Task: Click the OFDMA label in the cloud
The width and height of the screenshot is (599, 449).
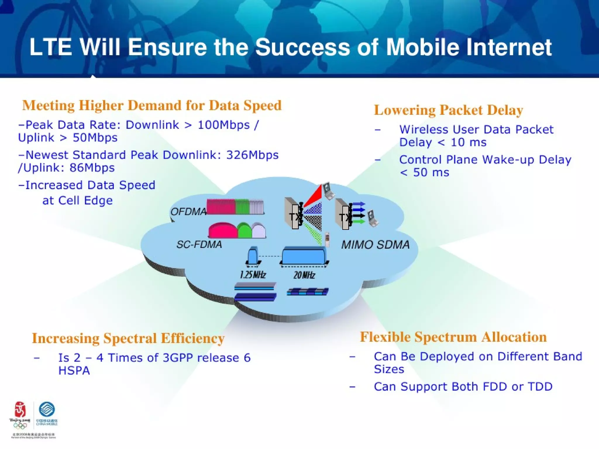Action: pyautogui.click(x=188, y=211)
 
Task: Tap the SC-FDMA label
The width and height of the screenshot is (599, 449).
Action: pyautogui.click(x=199, y=244)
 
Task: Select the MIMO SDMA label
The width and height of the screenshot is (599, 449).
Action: pyautogui.click(x=375, y=245)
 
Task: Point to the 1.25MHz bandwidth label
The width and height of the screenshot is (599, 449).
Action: pyautogui.click(x=253, y=275)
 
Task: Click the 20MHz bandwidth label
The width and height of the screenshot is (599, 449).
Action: pyautogui.click(x=304, y=275)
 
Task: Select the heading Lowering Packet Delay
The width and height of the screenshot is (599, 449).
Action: pyautogui.click(x=448, y=110)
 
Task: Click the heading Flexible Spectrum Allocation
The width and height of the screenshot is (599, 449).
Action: pyautogui.click(x=453, y=337)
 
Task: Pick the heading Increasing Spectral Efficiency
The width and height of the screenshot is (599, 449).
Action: pyautogui.click(x=128, y=338)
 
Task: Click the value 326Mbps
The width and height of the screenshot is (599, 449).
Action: pyautogui.click(x=252, y=155)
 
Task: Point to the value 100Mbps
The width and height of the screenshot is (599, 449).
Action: pyautogui.click(x=224, y=125)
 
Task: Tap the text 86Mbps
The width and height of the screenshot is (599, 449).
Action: pyautogui.click(x=92, y=168)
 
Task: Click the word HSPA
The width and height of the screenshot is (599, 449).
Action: pyautogui.click(x=74, y=371)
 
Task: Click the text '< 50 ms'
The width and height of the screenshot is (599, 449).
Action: pyautogui.click(x=424, y=172)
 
